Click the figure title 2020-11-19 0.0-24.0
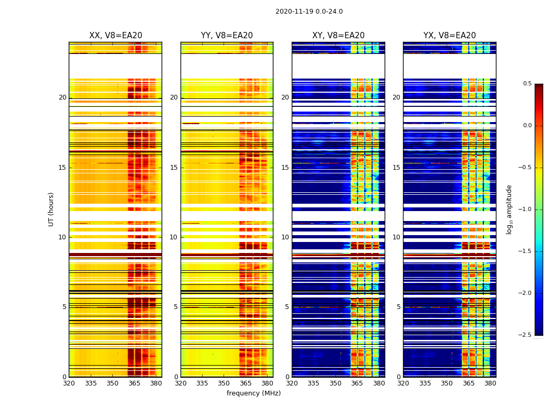(x=309, y=12)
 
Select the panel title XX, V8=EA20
(x=115, y=36)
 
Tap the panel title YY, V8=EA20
(x=227, y=36)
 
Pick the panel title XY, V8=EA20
(x=338, y=36)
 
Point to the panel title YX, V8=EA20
(x=450, y=36)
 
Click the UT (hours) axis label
(x=51, y=209)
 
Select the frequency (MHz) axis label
(x=253, y=393)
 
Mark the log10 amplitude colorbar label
(x=509, y=209)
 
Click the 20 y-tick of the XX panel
(x=63, y=97)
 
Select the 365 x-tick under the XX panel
(x=134, y=383)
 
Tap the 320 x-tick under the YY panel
(x=181, y=383)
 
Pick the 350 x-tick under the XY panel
(x=335, y=383)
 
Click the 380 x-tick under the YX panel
(x=490, y=383)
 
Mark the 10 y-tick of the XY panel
(x=285, y=237)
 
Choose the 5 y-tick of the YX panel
(x=399, y=307)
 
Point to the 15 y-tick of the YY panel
(x=174, y=168)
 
